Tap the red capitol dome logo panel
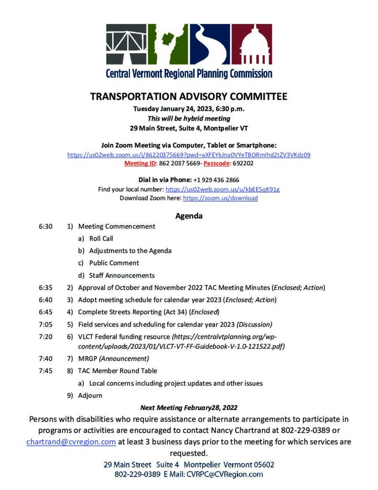tap(252, 45)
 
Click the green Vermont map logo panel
tap(168, 45)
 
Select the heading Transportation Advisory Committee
tap(189, 97)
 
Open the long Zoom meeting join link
tap(189, 155)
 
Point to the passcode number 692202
tap(243, 163)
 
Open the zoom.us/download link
tap(220, 198)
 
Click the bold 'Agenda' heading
tap(189, 216)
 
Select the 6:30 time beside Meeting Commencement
tap(45, 226)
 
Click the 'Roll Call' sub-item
tap(101, 238)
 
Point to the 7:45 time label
tap(45, 370)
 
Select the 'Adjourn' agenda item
tap(90, 395)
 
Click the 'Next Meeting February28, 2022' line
tap(189, 408)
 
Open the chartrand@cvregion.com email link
tap(71, 442)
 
